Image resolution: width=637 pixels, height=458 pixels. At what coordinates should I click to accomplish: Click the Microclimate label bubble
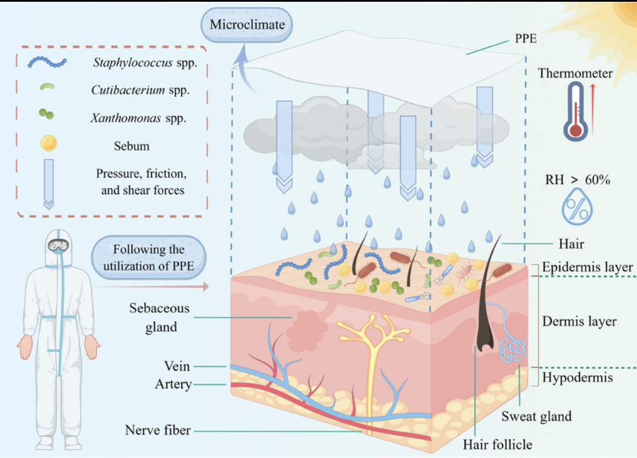[247, 25]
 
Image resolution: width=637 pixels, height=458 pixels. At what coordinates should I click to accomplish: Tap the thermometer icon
[575, 111]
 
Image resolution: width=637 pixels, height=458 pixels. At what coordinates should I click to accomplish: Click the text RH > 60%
[577, 180]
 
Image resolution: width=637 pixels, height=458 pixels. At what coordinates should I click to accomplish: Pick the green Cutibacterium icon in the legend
[47, 87]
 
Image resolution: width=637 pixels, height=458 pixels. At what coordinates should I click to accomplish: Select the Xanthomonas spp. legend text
[138, 118]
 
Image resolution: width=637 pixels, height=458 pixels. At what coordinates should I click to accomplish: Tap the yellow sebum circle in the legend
[48, 142]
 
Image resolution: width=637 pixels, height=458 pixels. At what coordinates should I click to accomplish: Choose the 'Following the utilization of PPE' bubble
[149, 256]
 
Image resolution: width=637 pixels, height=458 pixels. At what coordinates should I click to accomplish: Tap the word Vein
[177, 366]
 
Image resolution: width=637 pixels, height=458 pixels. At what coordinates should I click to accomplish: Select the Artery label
[174, 384]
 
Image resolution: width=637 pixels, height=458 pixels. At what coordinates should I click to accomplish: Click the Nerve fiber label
[158, 430]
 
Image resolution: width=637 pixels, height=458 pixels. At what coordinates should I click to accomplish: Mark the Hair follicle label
[497, 445]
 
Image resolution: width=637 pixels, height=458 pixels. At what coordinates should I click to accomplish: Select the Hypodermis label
[577, 377]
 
